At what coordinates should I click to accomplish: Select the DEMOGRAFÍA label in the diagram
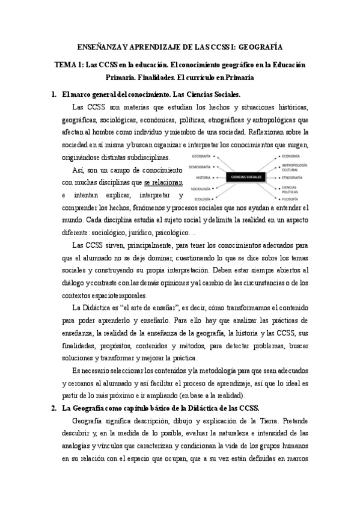[200, 166]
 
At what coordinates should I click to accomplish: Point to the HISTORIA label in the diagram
[203, 177]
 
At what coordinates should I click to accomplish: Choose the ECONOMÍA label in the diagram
[290, 155]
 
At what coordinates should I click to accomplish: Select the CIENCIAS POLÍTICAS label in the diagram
[291, 189]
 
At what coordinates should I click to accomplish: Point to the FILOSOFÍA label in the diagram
[290, 198]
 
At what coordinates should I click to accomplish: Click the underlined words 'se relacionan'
[162, 182]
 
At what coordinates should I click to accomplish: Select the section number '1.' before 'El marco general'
[55, 94]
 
